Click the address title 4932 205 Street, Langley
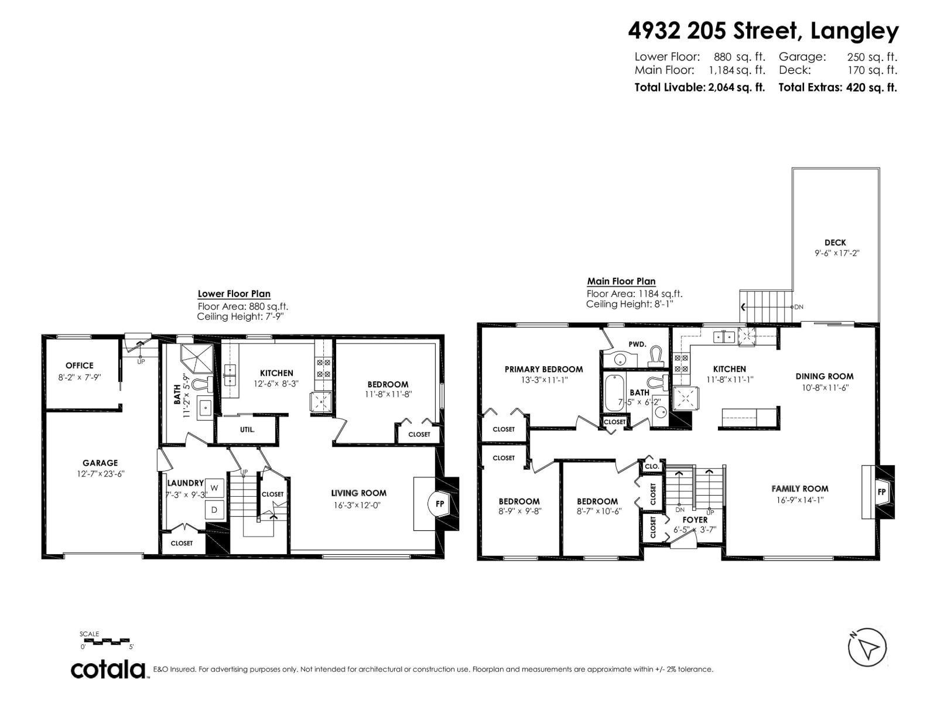tap(763, 30)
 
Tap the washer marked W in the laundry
tap(214, 487)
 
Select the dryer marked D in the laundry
tap(214, 510)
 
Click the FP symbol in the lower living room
tap(440, 504)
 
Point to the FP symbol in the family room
tap(881, 492)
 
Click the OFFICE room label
tap(80, 366)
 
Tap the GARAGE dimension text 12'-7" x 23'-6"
tap(100, 474)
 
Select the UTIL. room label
tap(247, 430)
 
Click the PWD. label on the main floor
tap(637, 344)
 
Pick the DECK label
tap(836, 243)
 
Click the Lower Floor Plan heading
tap(234, 294)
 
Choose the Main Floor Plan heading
tap(621, 281)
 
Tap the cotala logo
tap(108, 670)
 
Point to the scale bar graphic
tap(104, 641)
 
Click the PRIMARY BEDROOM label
tap(543, 369)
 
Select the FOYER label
tap(695, 520)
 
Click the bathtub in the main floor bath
tap(614, 393)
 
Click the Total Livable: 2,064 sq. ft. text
tap(699, 87)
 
